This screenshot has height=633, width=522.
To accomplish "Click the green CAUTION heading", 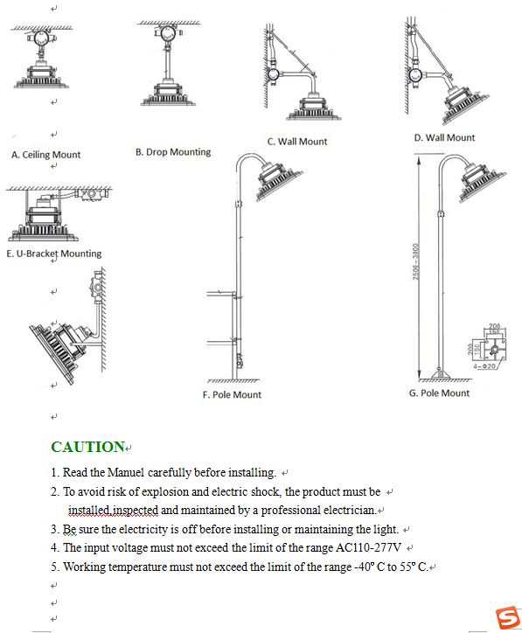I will coord(87,447).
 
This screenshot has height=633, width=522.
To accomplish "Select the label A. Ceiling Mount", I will coord(45,155).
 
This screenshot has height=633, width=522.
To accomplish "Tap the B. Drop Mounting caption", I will coord(173,152).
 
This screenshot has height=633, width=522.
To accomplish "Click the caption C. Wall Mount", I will coord(297,142).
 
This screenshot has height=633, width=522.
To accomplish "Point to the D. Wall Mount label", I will coord(444,137).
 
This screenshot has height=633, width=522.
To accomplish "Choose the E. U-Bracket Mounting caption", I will coord(53,254).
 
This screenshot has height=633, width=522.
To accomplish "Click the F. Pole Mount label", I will coord(232,394).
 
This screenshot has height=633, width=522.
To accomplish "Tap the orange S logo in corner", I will coord(508,618).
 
